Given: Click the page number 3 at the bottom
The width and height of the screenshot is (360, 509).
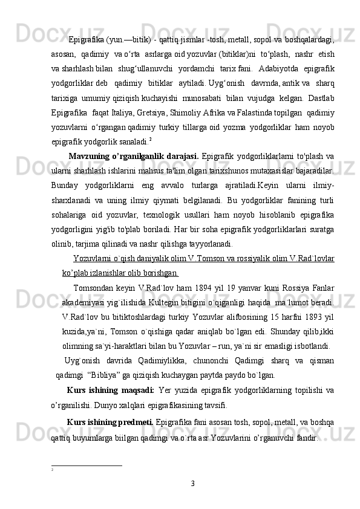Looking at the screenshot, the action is click(x=192, y=483).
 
